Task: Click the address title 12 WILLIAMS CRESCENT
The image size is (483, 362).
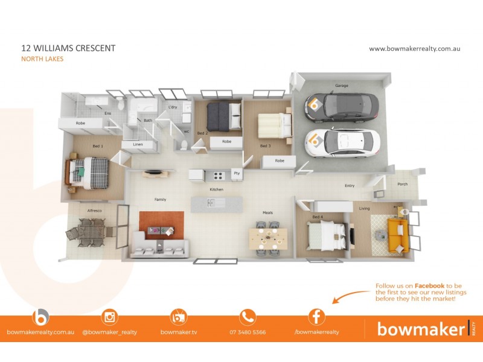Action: [68, 48]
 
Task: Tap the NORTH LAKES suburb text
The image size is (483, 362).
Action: [42, 59]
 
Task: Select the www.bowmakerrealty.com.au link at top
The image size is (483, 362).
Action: [414, 48]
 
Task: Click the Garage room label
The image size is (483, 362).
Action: [342, 86]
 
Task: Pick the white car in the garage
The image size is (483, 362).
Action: [342, 142]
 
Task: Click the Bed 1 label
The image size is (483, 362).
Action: [98, 146]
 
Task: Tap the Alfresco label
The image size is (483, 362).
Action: [94, 211]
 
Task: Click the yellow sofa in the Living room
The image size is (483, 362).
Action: [396, 235]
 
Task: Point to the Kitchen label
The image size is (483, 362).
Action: [216, 189]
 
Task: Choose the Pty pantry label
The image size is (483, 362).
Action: [236, 174]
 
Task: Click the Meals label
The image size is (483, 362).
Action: [267, 212]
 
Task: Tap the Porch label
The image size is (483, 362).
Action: [402, 185]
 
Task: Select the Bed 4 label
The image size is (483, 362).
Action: [318, 217]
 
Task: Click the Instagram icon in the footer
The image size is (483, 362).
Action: [110, 316]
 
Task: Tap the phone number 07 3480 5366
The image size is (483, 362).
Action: [248, 332]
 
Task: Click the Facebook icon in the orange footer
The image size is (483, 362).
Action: [316, 316]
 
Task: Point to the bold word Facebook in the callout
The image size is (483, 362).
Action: [429, 285]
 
